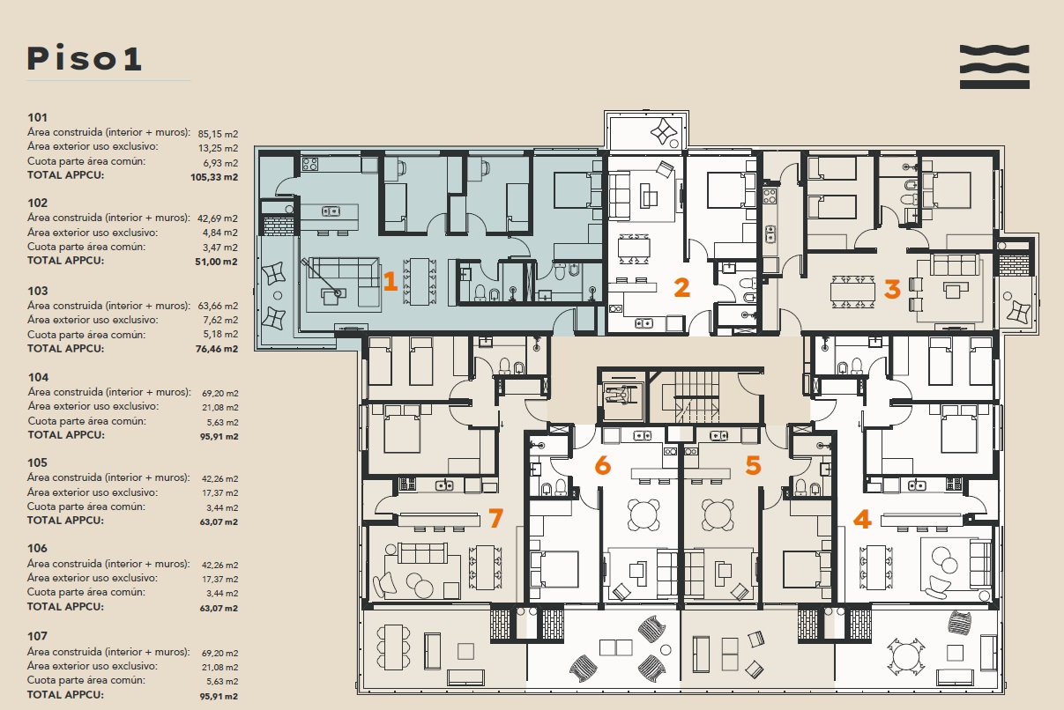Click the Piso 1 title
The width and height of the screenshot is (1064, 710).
[85, 59]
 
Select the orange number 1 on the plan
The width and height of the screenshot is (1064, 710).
[390, 281]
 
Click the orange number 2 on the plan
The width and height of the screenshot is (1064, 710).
[681, 287]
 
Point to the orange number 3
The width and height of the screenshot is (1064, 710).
[892, 289]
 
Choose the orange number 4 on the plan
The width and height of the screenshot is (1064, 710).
[862, 519]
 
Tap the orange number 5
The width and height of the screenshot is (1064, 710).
[753, 465]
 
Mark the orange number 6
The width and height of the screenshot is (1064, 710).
[603, 465]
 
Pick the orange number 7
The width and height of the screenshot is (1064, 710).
[495, 518]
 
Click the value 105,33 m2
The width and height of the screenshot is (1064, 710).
[214, 177]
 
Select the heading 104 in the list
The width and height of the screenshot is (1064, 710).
[38, 377]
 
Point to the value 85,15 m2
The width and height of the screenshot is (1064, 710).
[218, 134]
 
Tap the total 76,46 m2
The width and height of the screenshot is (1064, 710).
[217, 349]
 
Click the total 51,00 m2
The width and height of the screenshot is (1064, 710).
[216, 262]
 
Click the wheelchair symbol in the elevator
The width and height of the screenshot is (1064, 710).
[621, 395]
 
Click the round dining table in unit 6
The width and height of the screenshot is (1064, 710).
[644, 514]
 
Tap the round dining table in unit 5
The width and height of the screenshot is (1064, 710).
[718, 514]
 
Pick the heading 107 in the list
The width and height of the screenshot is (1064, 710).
[38, 636]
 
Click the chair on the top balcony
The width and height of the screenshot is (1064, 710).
[664, 130]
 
